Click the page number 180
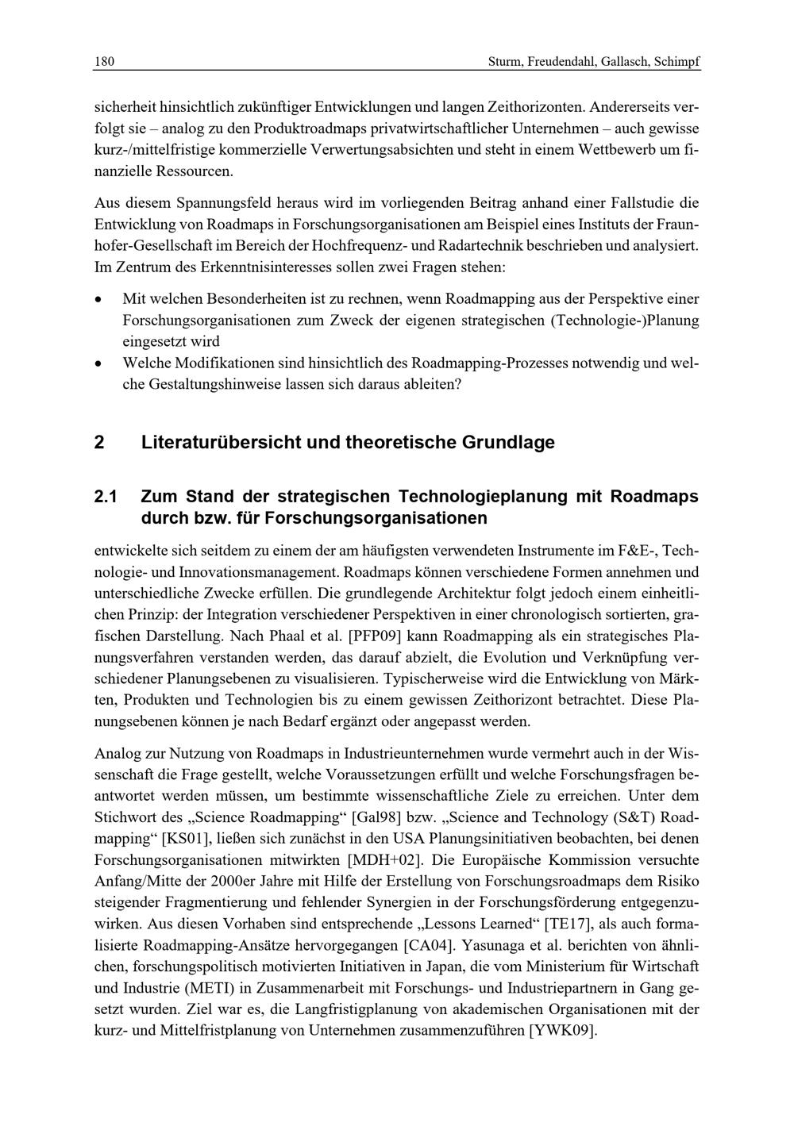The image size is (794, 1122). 104,62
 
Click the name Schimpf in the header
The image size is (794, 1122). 677,62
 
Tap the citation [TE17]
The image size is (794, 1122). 568,924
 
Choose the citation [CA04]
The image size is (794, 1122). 429,946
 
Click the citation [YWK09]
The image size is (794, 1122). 562,1032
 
